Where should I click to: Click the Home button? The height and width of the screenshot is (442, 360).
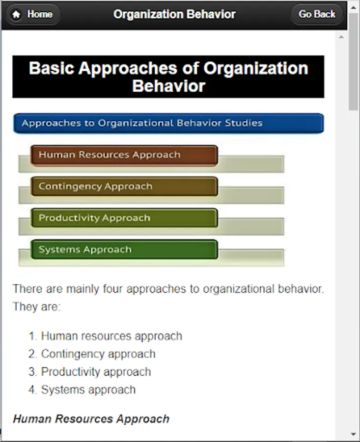(x=33, y=14)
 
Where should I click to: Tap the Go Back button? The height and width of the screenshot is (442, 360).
(x=317, y=14)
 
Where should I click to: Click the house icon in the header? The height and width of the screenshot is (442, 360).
(x=16, y=14)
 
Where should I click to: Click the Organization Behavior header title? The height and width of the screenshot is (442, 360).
(x=174, y=14)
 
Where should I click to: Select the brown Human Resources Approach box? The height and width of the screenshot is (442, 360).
(x=124, y=155)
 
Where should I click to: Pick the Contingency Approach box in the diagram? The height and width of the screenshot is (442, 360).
(x=124, y=186)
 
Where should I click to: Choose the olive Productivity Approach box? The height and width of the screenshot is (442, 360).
(x=124, y=218)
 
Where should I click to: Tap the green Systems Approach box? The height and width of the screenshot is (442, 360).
(x=124, y=249)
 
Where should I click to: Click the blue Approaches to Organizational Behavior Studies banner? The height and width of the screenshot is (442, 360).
(x=168, y=123)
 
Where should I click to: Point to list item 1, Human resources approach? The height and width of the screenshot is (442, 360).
(x=106, y=336)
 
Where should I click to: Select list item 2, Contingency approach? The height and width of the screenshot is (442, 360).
(x=92, y=354)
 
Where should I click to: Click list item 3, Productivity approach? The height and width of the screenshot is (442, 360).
(x=90, y=372)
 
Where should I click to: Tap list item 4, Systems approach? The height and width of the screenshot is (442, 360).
(x=82, y=389)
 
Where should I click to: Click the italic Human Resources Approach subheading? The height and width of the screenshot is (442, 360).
(x=91, y=419)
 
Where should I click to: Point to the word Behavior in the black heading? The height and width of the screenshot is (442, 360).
(x=168, y=86)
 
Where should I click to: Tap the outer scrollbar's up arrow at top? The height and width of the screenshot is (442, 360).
(x=354, y=7)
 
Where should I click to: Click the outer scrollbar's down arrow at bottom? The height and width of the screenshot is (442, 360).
(x=354, y=435)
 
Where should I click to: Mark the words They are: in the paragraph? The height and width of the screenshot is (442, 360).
(x=37, y=306)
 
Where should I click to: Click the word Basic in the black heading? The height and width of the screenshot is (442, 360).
(x=52, y=68)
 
